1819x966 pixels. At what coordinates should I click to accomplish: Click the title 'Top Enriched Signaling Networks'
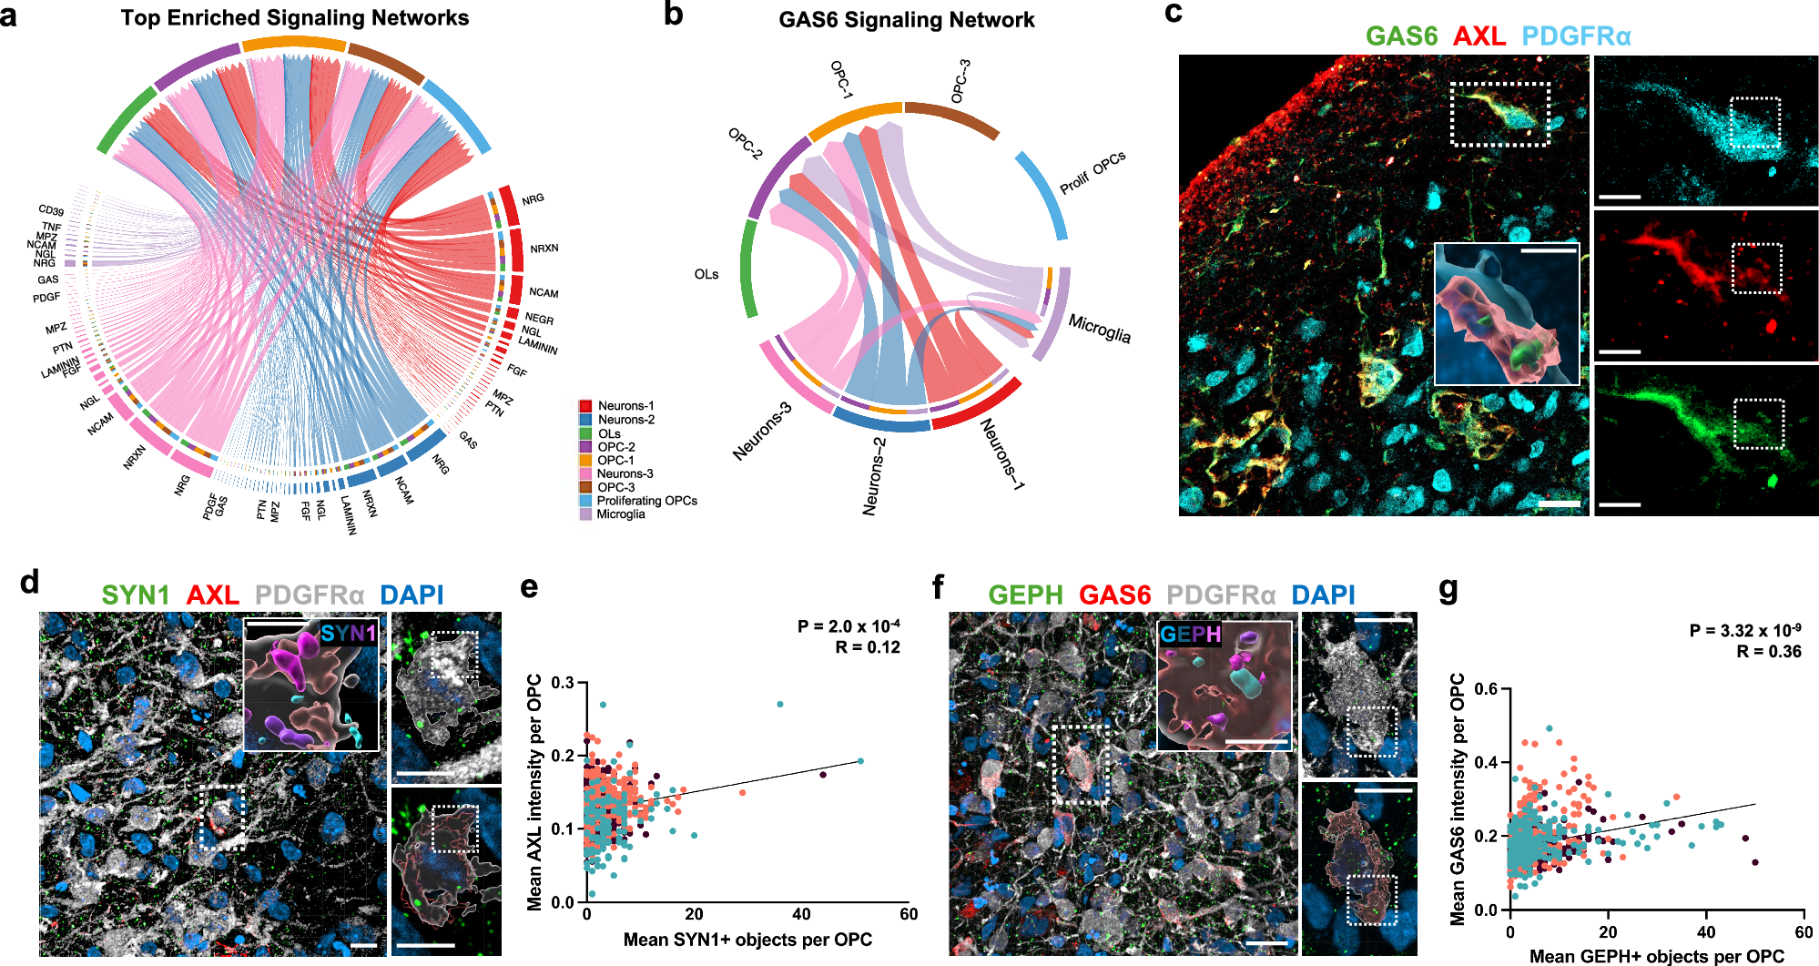tap(295, 18)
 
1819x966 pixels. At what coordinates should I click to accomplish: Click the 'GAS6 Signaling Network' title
tap(906, 20)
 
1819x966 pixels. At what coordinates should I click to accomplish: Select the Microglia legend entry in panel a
tap(620, 514)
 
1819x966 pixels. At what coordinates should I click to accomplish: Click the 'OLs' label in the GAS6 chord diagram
tap(706, 274)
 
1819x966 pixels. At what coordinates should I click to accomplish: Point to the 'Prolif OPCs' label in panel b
tap(1092, 172)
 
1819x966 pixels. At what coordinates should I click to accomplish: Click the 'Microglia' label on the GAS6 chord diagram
tap(1099, 329)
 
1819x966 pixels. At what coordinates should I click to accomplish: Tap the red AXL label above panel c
tap(1479, 36)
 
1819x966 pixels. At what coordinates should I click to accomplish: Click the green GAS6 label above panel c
tap(1401, 36)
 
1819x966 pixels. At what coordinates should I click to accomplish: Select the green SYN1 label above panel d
tap(136, 595)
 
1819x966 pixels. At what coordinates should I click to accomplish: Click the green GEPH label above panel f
tap(1025, 595)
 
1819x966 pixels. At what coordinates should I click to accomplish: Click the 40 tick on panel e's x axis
tap(801, 914)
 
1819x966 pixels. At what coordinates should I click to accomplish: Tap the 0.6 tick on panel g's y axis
tap(1485, 689)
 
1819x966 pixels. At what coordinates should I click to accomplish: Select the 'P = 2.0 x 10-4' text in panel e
tap(849, 626)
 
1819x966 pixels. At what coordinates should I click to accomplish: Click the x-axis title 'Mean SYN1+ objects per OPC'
tap(747, 940)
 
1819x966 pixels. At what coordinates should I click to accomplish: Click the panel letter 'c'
tap(1174, 13)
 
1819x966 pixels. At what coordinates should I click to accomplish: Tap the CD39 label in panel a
tap(51, 211)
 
